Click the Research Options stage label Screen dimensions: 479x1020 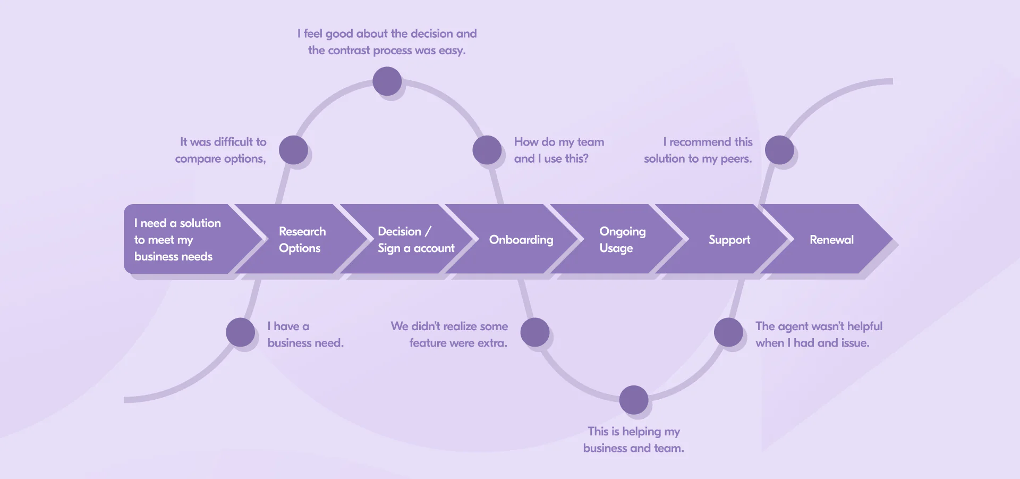[302, 240]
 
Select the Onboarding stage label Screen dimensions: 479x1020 [521, 240]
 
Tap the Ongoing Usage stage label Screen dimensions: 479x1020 [622, 240]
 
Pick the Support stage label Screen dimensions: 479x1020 [729, 240]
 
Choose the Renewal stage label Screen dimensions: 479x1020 [831, 240]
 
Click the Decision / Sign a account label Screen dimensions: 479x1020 [415, 240]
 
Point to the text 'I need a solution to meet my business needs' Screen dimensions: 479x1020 [177, 240]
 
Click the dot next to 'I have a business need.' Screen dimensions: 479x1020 [241, 332]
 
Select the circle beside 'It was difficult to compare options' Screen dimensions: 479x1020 [293, 150]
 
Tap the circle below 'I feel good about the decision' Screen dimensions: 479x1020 [387, 81]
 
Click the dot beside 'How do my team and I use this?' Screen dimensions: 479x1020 [487, 150]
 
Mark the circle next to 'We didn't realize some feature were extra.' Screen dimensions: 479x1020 [535, 332]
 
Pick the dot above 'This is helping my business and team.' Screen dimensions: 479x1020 [634, 400]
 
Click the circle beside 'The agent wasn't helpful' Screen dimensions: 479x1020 [728, 332]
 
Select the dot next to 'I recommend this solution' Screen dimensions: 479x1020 [779, 150]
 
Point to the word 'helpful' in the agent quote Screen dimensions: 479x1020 [864, 326]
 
